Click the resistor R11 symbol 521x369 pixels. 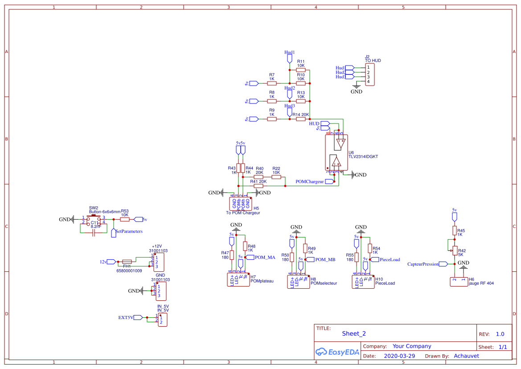click(301, 70)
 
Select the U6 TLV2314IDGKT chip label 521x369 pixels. click(363, 155)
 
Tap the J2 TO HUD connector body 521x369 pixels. click(369, 74)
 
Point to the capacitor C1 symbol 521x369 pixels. click(93, 234)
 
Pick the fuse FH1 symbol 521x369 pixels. click(127, 262)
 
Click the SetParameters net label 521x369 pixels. click(129, 231)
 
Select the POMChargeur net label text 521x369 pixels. click(309, 181)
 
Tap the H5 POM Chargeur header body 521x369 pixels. click(241, 204)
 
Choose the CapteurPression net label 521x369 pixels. click(423, 264)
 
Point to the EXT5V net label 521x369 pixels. click(125, 318)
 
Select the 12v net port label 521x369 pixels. click(103, 262)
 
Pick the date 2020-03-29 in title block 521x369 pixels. click(399, 356)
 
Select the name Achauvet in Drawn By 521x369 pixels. click(466, 356)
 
